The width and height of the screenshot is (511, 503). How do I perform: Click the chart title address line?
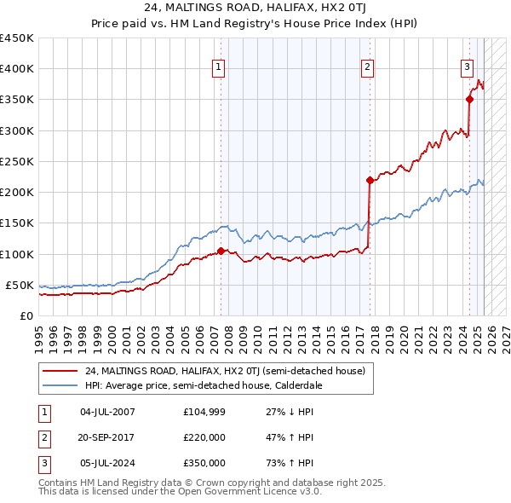point(255,9)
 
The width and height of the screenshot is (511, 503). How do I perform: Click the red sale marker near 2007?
point(221,251)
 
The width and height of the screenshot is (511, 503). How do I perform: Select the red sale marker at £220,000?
point(370,180)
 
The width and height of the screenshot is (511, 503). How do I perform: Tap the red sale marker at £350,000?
point(469,100)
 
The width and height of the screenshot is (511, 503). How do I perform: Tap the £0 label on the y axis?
point(26,315)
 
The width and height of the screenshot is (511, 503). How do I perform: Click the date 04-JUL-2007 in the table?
point(108,412)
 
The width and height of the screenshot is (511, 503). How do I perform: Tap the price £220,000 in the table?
point(204,437)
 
